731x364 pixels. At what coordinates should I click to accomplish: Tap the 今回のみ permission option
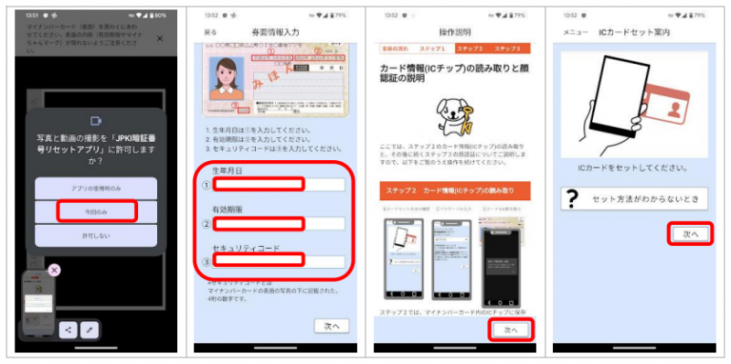(96, 210)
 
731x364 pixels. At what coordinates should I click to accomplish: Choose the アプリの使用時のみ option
(96, 187)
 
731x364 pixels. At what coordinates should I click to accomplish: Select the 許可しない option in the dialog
(96, 234)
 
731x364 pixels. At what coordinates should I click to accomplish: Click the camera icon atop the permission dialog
(96, 121)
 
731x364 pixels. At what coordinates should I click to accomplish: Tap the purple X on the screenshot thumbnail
(54, 271)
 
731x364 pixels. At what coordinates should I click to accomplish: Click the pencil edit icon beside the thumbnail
(89, 330)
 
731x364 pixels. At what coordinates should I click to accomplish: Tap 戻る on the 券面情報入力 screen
(210, 32)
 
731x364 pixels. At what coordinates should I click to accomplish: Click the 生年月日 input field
(277, 184)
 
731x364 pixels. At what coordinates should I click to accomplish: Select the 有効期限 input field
(277, 224)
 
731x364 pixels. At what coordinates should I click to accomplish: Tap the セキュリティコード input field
(277, 260)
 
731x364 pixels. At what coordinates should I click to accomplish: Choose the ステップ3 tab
(506, 48)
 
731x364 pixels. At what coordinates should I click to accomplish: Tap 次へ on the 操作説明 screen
(510, 330)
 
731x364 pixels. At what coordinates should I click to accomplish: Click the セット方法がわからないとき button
(636, 198)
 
